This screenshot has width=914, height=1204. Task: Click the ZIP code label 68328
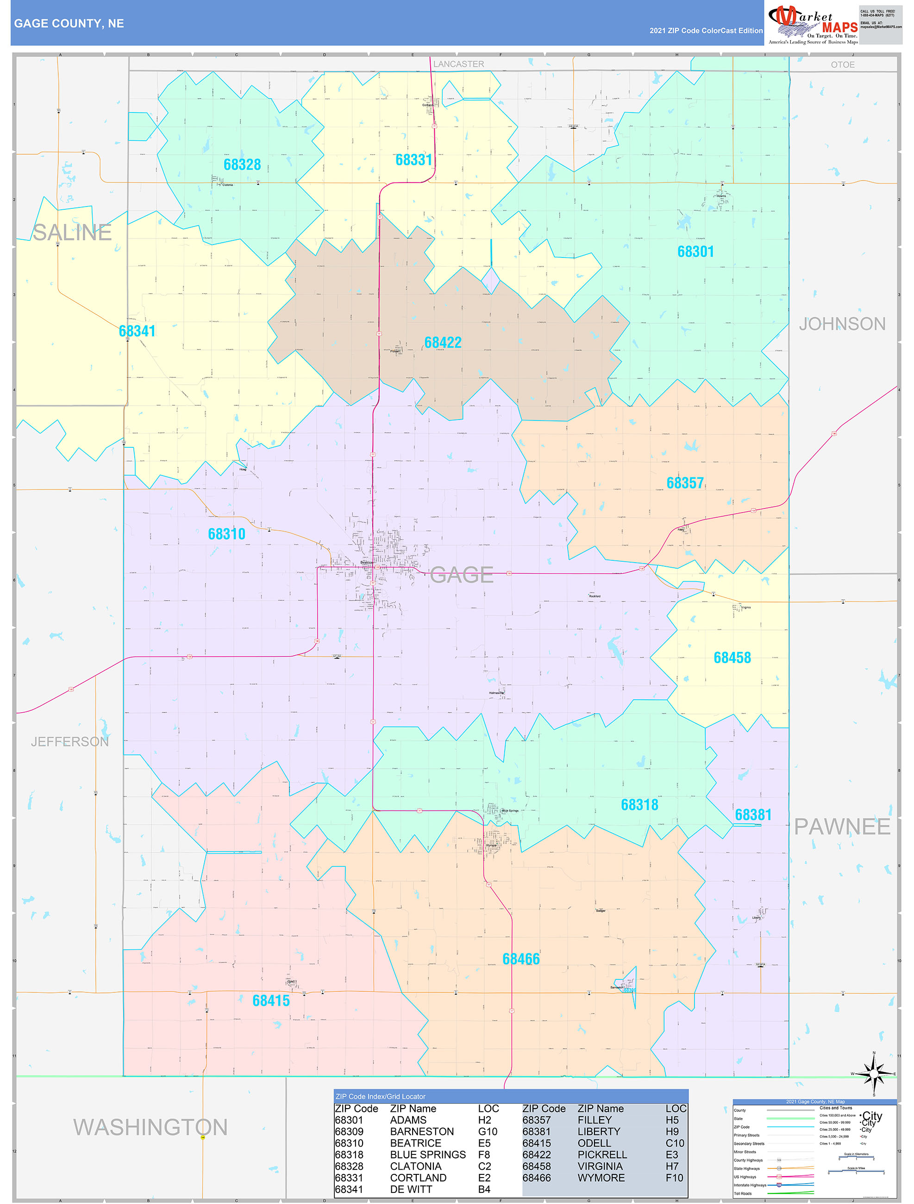[x=242, y=164]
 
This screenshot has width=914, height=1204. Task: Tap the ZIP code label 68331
[x=414, y=160]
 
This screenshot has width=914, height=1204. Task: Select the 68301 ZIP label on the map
[x=695, y=251]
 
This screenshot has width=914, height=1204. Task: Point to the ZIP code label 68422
[x=443, y=342]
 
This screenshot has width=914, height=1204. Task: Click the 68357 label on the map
[x=685, y=483]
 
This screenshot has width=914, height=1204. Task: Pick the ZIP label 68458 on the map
[x=732, y=658]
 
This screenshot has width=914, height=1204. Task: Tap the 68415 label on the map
[x=270, y=1000]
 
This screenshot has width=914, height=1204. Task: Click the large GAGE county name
[x=462, y=575]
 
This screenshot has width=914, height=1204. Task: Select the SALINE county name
[x=72, y=232]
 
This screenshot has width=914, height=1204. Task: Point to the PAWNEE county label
[x=842, y=826]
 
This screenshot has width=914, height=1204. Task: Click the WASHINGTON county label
[x=150, y=1127]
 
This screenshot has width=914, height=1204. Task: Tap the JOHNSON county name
[x=842, y=324]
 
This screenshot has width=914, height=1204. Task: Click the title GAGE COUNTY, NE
[x=69, y=24]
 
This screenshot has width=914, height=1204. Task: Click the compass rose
[x=874, y=1074]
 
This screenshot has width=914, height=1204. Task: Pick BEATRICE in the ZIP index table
[x=415, y=1143]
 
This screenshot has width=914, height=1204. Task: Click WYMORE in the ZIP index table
[x=601, y=1177]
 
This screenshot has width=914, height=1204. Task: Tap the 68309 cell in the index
[x=349, y=1132]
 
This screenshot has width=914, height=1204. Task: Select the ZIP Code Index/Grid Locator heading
[x=381, y=1096]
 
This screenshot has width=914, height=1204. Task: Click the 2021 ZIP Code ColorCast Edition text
[x=706, y=31]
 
